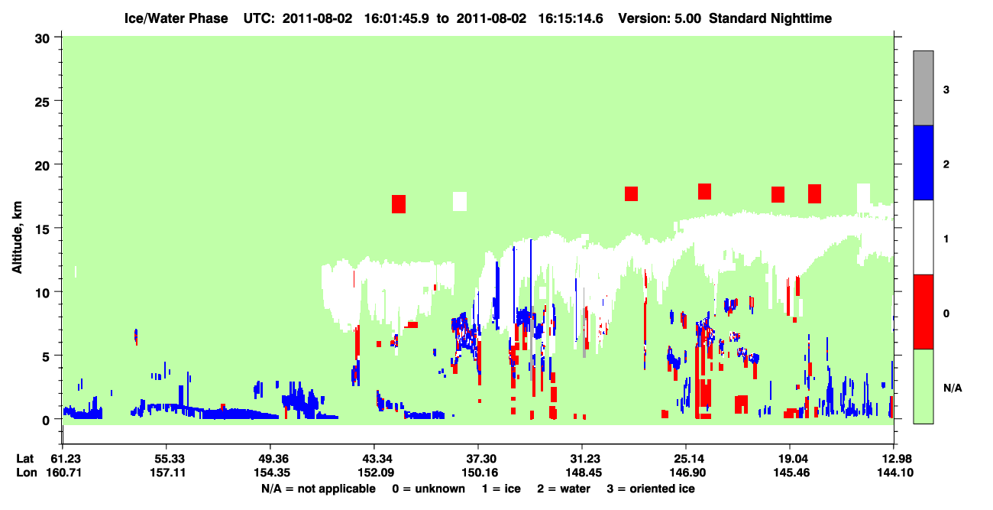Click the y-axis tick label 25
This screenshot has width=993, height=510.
42,102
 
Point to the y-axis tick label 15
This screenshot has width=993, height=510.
42,229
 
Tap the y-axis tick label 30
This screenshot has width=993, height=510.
42,39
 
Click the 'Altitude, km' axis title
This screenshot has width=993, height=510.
17,238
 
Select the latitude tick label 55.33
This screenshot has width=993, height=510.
167,459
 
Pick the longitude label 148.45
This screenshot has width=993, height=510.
584,473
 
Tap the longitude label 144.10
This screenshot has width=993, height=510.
895,473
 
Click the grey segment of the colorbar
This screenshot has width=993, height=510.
923,88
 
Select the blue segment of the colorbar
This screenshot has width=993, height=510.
923,163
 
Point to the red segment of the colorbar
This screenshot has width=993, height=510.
923,312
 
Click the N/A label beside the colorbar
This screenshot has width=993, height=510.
953,388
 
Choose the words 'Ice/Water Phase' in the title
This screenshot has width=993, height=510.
176,18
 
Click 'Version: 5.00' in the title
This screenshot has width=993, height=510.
660,18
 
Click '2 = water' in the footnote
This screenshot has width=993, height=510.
564,489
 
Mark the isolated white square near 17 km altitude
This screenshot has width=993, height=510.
460,202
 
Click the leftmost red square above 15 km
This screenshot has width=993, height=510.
399,204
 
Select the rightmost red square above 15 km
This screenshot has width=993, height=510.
814,194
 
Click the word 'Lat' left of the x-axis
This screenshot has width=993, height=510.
24,459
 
